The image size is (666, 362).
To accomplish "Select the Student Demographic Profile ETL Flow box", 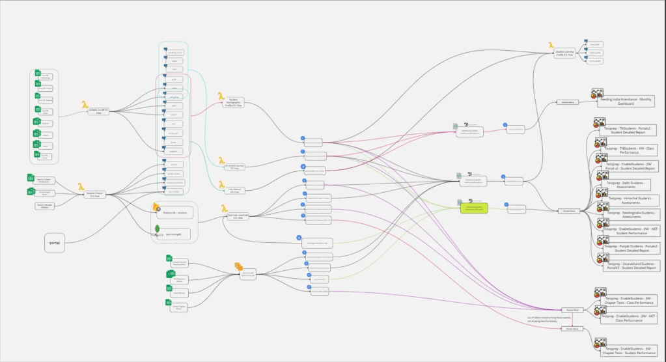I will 233,103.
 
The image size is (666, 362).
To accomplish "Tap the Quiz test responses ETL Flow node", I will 240,217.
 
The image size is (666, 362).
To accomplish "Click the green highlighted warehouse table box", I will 474,208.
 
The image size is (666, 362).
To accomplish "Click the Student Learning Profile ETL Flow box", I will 564,55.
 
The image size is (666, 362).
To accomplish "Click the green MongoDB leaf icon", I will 157,229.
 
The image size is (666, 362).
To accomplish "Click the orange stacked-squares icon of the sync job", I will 238,267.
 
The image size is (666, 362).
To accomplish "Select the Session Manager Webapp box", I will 44,206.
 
